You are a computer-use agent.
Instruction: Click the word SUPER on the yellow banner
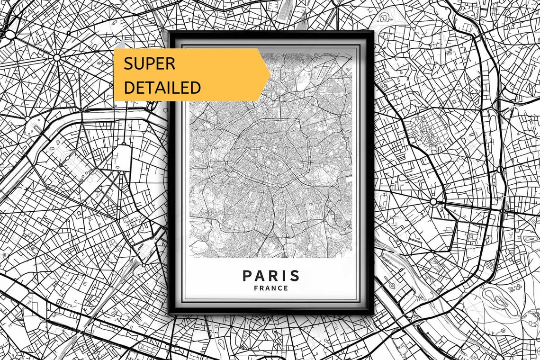[149, 63]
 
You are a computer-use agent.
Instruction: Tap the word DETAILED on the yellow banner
[162, 87]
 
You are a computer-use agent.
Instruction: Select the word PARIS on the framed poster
[271, 276]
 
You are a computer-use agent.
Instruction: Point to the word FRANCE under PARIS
[271, 288]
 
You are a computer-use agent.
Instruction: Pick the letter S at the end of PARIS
[295, 276]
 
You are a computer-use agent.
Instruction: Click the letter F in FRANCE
[256, 288]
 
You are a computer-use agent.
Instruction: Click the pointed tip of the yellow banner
[270, 74]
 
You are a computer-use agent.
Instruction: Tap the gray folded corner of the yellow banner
[119, 44]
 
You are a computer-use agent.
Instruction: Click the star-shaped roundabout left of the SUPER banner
[57, 58]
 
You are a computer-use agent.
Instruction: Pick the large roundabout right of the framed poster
[433, 202]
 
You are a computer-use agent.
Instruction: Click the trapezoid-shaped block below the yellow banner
[123, 157]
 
